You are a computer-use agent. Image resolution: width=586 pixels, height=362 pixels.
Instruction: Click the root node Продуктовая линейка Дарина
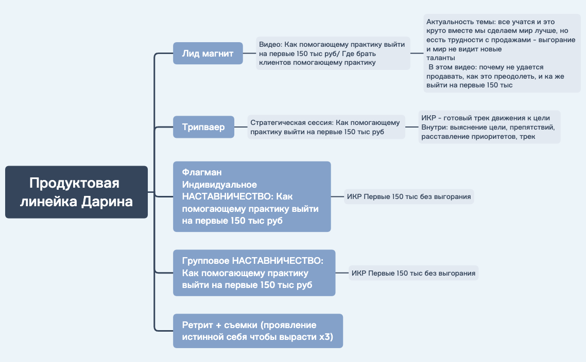tap(76, 192)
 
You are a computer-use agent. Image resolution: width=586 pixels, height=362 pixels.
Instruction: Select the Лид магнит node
tap(208, 53)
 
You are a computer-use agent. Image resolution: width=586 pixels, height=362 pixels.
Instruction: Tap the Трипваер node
tap(204, 127)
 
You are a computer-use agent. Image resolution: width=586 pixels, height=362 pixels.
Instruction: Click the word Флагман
tap(202, 172)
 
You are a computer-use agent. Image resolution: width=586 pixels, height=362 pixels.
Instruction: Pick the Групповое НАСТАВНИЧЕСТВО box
tap(254, 273)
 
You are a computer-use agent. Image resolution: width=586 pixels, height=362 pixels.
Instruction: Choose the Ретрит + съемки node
tap(258, 331)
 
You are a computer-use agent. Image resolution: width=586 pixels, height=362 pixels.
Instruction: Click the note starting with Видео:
tap(333, 53)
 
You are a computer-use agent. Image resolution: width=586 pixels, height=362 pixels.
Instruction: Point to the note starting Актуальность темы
tap(502, 53)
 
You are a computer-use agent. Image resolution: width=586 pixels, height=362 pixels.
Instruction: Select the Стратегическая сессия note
tap(326, 127)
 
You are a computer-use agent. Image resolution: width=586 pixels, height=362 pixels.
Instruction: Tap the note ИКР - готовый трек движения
tap(489, 127)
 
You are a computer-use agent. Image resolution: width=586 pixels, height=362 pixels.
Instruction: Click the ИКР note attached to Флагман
tap(409, 196)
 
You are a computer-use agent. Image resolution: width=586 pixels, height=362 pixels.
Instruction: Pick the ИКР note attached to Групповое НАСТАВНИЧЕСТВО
tap(413, 273)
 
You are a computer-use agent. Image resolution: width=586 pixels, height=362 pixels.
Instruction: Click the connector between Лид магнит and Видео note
tap(249, 53)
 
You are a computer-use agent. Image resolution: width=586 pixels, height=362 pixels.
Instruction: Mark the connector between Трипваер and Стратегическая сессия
tap(240, 127)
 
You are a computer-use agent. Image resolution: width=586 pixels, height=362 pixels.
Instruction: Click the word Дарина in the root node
tap(107, 202)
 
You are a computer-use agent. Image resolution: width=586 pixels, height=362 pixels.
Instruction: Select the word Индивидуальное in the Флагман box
tap(219, 185)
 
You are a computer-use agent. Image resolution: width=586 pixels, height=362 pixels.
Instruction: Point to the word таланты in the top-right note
tap(441, 58)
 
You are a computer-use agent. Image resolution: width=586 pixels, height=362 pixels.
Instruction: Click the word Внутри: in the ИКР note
tap(434, 127)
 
